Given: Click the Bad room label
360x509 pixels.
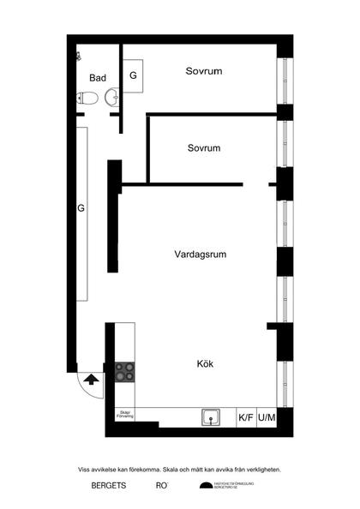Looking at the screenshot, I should point(98,78).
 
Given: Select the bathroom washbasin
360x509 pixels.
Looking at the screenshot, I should point(111,99).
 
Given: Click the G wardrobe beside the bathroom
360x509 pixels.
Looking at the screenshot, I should point(133,75).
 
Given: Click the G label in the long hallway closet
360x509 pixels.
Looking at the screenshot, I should point(81,208).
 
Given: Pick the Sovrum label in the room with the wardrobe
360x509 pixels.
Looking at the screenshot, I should point(204,71).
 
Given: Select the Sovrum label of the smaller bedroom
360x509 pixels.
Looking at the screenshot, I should point(204,148).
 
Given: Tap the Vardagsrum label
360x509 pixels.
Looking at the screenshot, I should point(199,254).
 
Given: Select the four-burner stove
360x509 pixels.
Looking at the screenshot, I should point(125,372).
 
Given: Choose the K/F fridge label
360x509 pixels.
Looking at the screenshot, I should point(246,418).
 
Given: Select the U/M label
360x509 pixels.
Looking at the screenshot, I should point(267,418).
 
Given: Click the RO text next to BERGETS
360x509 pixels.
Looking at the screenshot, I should point(160,486).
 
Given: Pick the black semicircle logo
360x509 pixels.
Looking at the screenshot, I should point(205,487).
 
